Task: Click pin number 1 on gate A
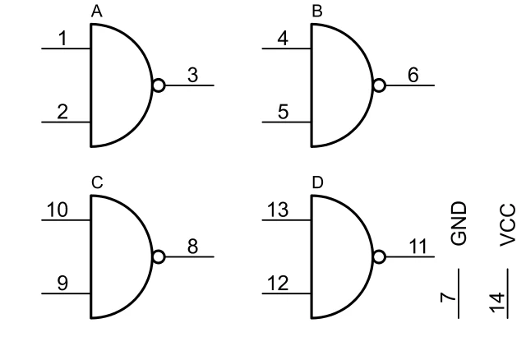point(62,37)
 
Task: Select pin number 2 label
point(62,112)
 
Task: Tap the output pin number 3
point(192,75)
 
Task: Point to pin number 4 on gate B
point(284,37)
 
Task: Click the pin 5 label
point(284,112)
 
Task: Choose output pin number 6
point(413,75)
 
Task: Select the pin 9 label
point(62,284)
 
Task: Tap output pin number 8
point(192,247)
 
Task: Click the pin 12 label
point(279,284)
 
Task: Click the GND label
point(458,223)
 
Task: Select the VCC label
point(507,224)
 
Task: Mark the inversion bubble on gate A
point(159,85)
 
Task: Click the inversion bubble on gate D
point(380,256)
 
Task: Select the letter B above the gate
point(317,12)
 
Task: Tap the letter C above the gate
point(97,183)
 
